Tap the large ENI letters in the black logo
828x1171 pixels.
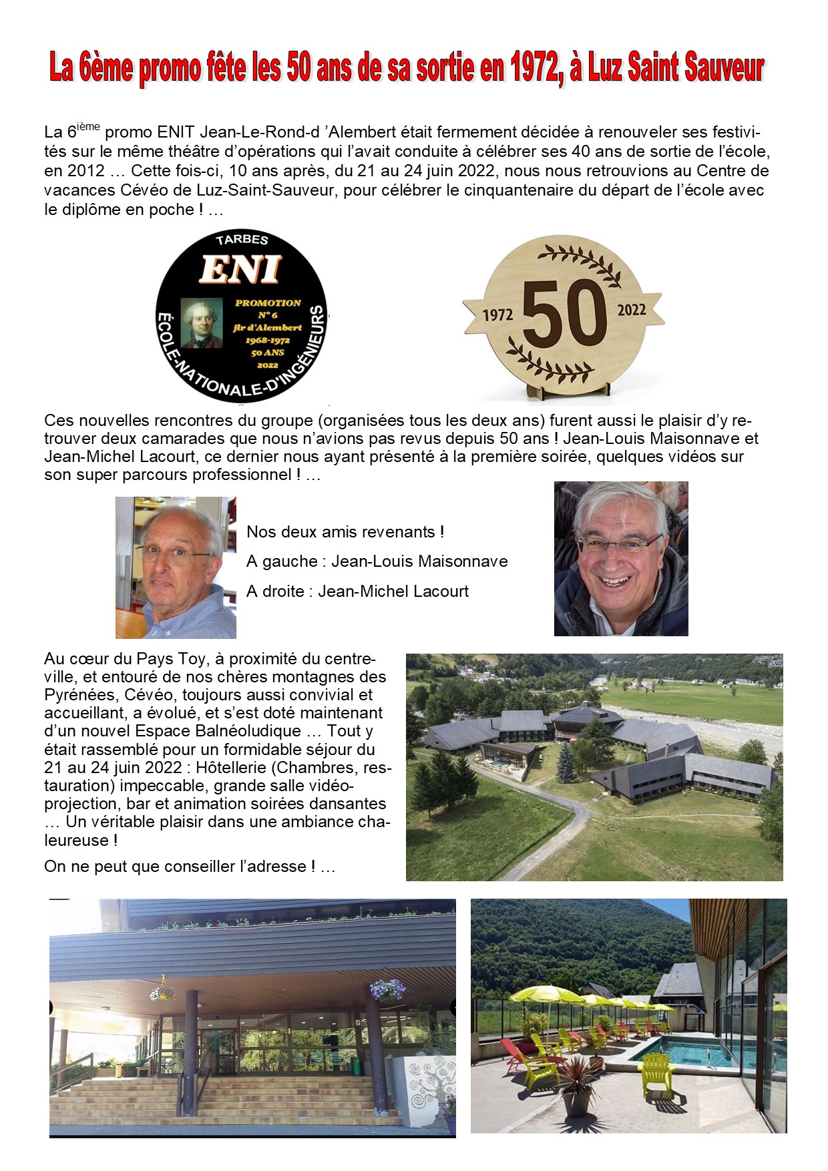[240, 270]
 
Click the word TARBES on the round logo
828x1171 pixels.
[242, 240]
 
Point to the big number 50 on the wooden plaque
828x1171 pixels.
[564, 311]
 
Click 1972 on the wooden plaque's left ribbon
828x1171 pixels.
[497, 314]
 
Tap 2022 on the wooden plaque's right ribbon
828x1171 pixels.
[632, 309]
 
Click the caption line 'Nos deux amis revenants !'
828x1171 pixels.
[345, 532]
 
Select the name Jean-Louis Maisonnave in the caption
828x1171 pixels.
[419, 561]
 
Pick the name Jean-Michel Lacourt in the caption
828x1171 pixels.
[393, 592]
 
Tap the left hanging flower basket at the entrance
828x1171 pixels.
[162, 991]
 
